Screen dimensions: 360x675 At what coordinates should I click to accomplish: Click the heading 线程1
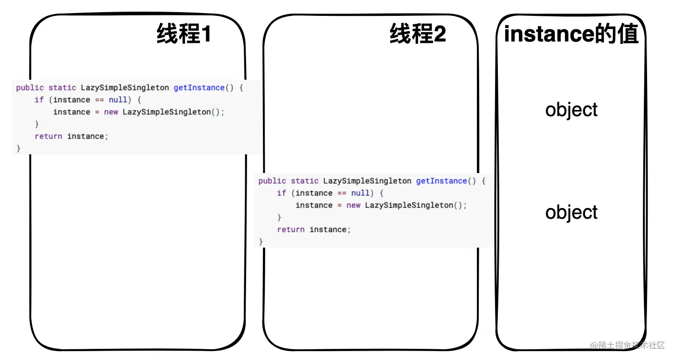tap(184, 35)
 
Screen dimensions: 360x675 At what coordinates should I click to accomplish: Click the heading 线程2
tap(418, 35)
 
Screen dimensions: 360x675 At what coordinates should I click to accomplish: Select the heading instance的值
tap(571, 35)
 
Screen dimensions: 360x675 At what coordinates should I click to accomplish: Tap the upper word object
tap(572, 110)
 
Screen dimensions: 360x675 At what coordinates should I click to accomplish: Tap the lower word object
tap(572, 213)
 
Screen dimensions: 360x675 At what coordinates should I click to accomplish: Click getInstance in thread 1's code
tap(199, 88)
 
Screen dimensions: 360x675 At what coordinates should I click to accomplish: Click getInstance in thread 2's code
tap(441, 181)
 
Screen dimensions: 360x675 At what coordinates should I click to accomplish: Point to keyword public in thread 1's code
tap(30, 88)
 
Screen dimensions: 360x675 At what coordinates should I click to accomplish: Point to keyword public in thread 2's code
tap(272, 181)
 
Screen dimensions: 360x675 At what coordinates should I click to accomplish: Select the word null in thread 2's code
tap(360, 193)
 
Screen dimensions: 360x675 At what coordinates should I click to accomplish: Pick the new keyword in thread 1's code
tap(111, 112)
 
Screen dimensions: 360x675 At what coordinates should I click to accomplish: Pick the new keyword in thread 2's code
tap(353, 205)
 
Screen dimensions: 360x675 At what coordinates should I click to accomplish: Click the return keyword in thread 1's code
tap(48, 136)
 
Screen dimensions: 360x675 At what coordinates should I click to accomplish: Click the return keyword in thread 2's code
tap(291, 229)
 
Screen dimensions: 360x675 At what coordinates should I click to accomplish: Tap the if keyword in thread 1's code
tap(39, 100)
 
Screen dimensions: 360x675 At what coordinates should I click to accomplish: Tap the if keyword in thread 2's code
tap(282, 193)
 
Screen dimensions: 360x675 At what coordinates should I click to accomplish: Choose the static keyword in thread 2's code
tap(305, 181)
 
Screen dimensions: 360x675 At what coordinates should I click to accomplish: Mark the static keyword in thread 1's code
tap(62, 88)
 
